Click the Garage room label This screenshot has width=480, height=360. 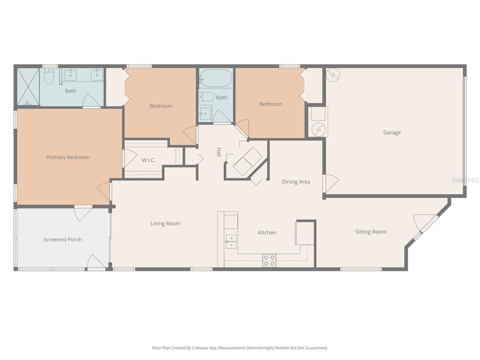[392, 133]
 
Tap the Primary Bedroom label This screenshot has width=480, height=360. [68, 157]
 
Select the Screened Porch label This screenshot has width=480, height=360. [63, 240]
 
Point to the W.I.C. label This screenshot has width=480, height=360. [149, 160]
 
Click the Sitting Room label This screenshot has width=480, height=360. [371, 232]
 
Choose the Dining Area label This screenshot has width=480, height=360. [296, 182]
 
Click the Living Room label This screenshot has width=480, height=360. [165, 224]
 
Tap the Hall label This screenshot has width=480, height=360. [218, 152]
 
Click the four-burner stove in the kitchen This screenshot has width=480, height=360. [269, 261]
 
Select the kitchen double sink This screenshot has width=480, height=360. [231, 241]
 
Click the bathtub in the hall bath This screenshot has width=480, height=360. [216, 78]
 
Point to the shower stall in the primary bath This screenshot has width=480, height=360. [28, 87]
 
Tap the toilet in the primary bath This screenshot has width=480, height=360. [49, 76]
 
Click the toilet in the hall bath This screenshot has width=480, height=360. [206, 97]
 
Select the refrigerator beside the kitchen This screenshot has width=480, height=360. [304, 233]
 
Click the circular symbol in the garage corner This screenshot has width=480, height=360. [333, 74]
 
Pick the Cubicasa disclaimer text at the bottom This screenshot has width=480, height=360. [240, 348]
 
